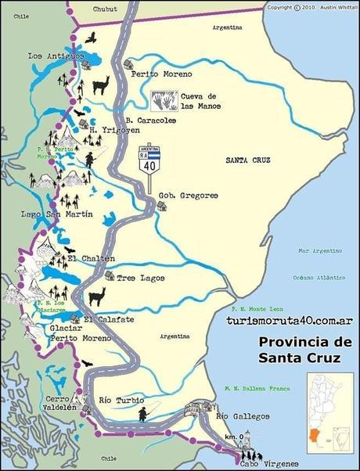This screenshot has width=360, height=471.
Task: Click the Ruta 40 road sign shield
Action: pyautogui.click(x=148, y=160)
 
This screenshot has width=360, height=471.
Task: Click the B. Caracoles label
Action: pyautogui.click(x=150, y=120)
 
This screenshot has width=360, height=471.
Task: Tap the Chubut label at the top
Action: pyautogui.click(x=108, y=11)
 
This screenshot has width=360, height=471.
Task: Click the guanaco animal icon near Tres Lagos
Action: pyautogui.click(x=95, y=297)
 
